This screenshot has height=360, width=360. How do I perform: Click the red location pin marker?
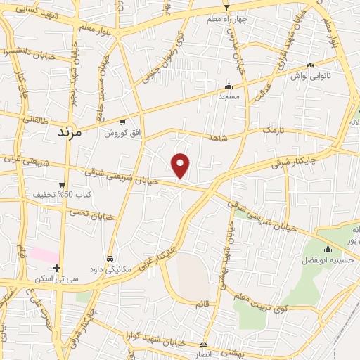pyautogui.click(x=181, y=165)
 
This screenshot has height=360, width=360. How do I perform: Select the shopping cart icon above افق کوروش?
pyautogui.click(x=122, y=122)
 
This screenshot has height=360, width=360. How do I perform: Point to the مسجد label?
pyautogui.click(x=229, y=96)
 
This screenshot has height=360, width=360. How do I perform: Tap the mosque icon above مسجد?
pyautogui.click(x=229, y=85)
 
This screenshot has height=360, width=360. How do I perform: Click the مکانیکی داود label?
pyautogui.click(x=110, y=269)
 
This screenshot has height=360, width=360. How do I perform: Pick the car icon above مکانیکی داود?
pyautogui.click(x=110, y=258)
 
